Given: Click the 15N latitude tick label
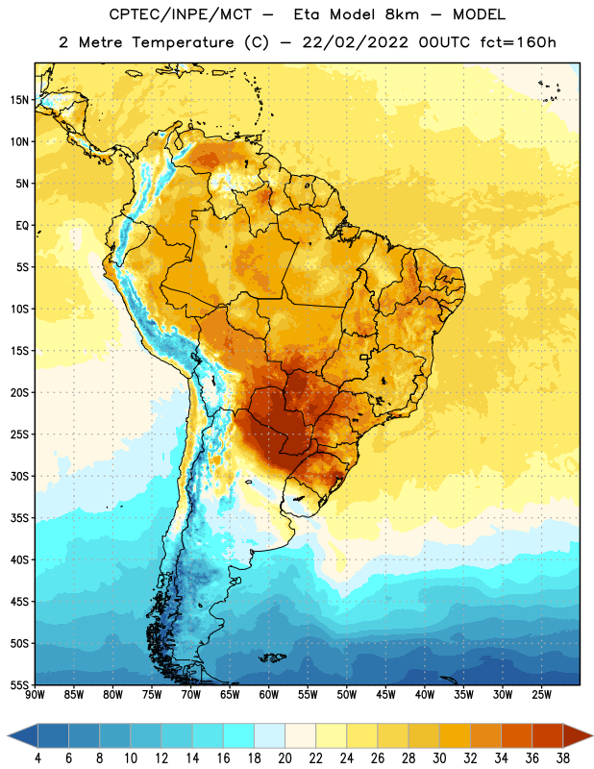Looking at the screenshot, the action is pos(19,100).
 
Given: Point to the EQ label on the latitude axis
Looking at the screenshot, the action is pos(22,226).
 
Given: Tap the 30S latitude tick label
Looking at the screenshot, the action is pos(19,476).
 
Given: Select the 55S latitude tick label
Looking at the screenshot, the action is pos(19,685).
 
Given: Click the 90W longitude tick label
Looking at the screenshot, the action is pos(35,694).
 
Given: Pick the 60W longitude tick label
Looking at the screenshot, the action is pos(269,694).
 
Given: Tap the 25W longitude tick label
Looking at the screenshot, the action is pos(541,694).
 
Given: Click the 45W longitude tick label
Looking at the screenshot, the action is pos(385,694).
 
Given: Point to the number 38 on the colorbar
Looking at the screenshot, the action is pos(562,758).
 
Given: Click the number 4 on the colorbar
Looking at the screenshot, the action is pos(37,758).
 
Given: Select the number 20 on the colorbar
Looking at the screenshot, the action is pos(285,758).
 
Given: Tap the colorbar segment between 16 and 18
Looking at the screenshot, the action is pos(239,735).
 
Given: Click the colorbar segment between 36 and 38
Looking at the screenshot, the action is pos(548,735).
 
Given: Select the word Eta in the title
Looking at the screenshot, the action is pos(307,14).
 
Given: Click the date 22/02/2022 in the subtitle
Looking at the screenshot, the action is pos(355,42).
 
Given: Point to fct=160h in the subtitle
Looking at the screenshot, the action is pos(518,42).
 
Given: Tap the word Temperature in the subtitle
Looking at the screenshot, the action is pos(183,42).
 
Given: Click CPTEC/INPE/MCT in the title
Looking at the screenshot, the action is pos(181,14).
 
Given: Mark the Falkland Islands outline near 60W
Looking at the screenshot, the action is pos(273,657).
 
